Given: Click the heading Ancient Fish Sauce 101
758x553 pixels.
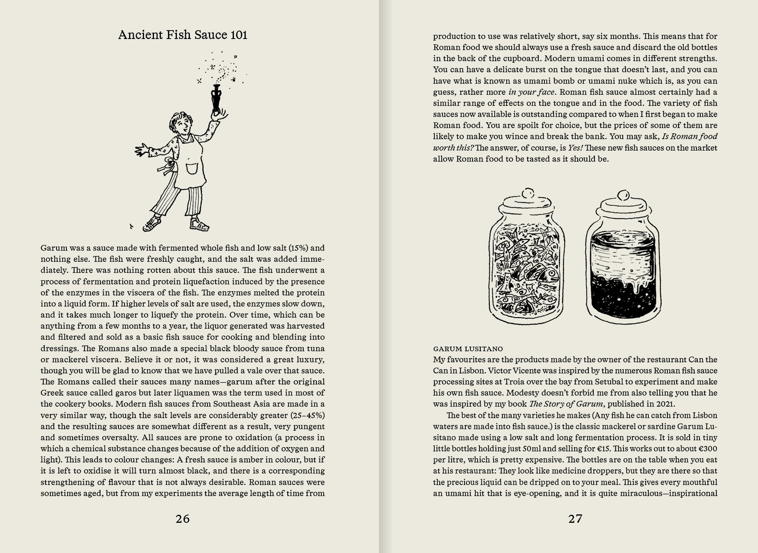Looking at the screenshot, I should [x=183, y=35].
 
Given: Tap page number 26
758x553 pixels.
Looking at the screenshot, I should [x=183, y=519].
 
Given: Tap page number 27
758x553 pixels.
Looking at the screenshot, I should [x=575, y=519].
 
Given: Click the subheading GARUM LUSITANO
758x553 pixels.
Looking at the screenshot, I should [x=468, y=349].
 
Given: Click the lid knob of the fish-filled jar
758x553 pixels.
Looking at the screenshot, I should [x=529, y=191].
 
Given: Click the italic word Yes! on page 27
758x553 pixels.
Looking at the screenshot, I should [x=575, y=148].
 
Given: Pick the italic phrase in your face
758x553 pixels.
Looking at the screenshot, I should [x=532, y=92].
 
